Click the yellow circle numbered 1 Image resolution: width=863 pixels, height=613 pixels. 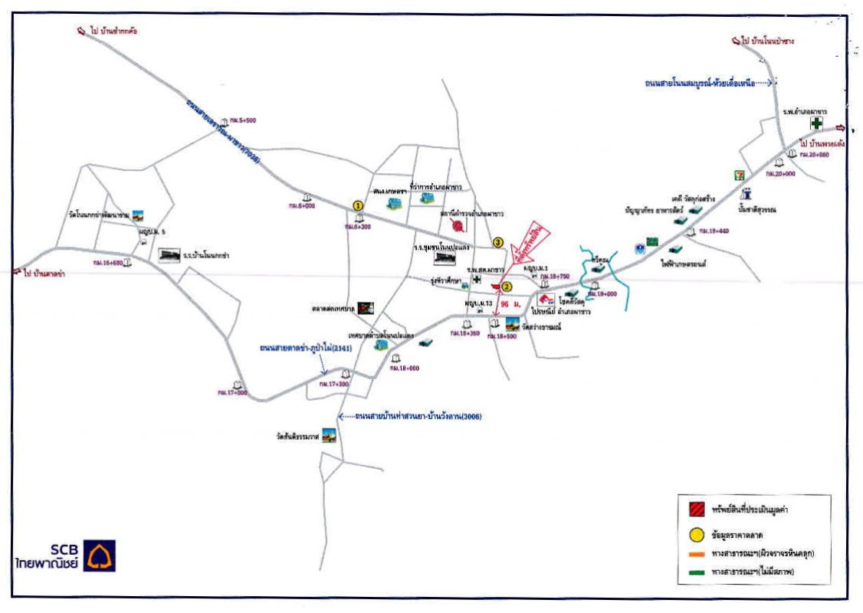pyautogui.click(x=357, y=205)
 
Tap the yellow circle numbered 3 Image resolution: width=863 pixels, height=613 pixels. pyautogui.click(x=497, y=243)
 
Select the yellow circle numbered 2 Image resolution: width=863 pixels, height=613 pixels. pyautogui.click(x=506, y=287)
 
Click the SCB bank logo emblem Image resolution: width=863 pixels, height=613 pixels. pyautogui.click(x=100, y=556)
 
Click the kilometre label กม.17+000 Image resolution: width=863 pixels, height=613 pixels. pyautogui.click(x=232, y=392)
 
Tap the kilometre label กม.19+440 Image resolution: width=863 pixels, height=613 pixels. pyautogui.click(x=714, y=231)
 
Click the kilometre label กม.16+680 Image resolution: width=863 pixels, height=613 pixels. pyautogui.click(x=108, y=262)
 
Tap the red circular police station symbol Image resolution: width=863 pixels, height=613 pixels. pyautogui.click(x=458, y=225)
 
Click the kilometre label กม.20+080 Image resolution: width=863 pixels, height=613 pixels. pyautogui.click(x=814, y=155)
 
